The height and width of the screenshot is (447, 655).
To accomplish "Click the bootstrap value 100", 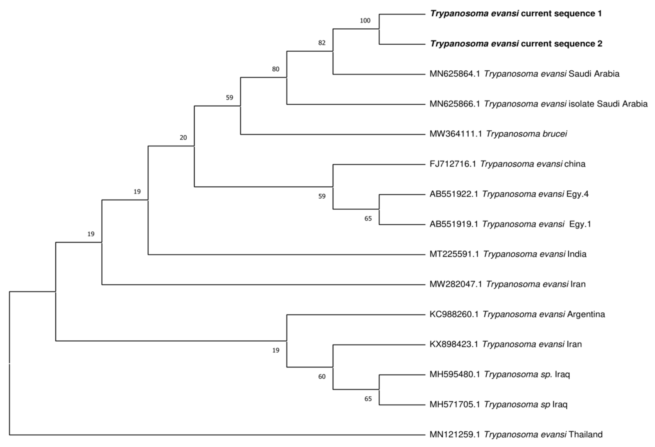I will pyautogui.click(x=365, y=21).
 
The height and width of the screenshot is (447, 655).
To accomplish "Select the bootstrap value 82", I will pyautogui.click(x=322, y=43).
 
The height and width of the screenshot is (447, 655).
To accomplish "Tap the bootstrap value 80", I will pyautogui.click(x=276, y=69).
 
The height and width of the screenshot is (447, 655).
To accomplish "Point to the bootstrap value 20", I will pyautogui.click(x=183, y=138).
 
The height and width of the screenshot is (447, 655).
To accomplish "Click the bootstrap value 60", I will pyautogui.click(x=322, y=377).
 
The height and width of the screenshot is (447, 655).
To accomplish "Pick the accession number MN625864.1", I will pyautogui.click(x=454, y=74).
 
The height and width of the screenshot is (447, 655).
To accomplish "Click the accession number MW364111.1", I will pyautogui.click(x=455, y=134).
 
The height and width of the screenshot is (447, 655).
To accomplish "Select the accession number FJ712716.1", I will pyautogui.click(x=453, y=164).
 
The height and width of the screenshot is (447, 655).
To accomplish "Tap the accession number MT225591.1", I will pyautogui.click(x=454, y=254).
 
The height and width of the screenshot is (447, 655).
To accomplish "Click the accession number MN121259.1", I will pyautogui.click(x=454, y=434).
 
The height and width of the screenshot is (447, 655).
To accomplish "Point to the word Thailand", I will pyautogui.click(x=585, y=434).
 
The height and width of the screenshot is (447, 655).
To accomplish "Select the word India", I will pyautogui.click(x=577, y=254).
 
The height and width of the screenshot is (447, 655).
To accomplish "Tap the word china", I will pyautogui.click(x=575, y=164).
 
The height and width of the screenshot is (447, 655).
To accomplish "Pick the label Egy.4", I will pyautogui.click(x=577, y=194).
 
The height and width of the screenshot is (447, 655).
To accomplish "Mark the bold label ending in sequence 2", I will pyautogui.click(x=516, y=44).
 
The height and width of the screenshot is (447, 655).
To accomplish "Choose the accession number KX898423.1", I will pyautogui.click(x=454, y=344).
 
